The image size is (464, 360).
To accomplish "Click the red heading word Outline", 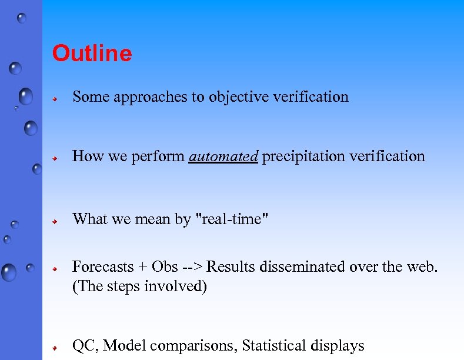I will [x=92, y=54].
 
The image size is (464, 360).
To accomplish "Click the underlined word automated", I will [x=223, y=156].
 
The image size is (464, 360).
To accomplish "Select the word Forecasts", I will [x=103, y=267].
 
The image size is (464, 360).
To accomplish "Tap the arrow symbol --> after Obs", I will [x=193, y=268].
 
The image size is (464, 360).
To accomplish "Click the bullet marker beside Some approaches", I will [x=54, y=99].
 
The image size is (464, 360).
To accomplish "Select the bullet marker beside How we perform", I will [x=54, y=158].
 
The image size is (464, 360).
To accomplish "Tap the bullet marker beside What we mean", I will [x=54, y=221].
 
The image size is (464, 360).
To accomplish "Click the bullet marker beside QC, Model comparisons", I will [x=54, y=348].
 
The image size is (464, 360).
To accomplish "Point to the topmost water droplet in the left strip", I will [x=22, y=18].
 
